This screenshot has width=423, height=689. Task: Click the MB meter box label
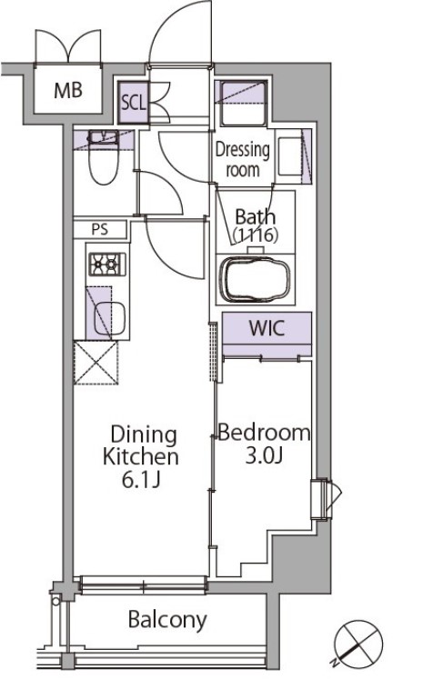67,90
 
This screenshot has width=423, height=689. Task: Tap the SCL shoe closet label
133,103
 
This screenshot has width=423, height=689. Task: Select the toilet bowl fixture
104,158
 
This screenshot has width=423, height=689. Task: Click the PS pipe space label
100,229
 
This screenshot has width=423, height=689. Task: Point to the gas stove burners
107,265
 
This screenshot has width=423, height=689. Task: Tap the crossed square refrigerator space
96,363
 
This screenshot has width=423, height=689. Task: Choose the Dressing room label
242,159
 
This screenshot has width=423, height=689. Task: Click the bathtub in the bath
255,279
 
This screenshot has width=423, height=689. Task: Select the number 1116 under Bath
256,235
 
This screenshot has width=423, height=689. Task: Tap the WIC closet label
267,328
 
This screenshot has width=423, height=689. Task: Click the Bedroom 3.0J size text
264,455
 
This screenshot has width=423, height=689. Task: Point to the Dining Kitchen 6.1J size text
141,480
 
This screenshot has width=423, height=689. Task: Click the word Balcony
167,620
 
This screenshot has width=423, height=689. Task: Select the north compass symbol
358,643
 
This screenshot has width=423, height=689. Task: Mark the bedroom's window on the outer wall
324,499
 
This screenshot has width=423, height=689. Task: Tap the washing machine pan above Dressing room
243,104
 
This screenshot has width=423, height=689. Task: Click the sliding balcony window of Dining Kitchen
143,585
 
